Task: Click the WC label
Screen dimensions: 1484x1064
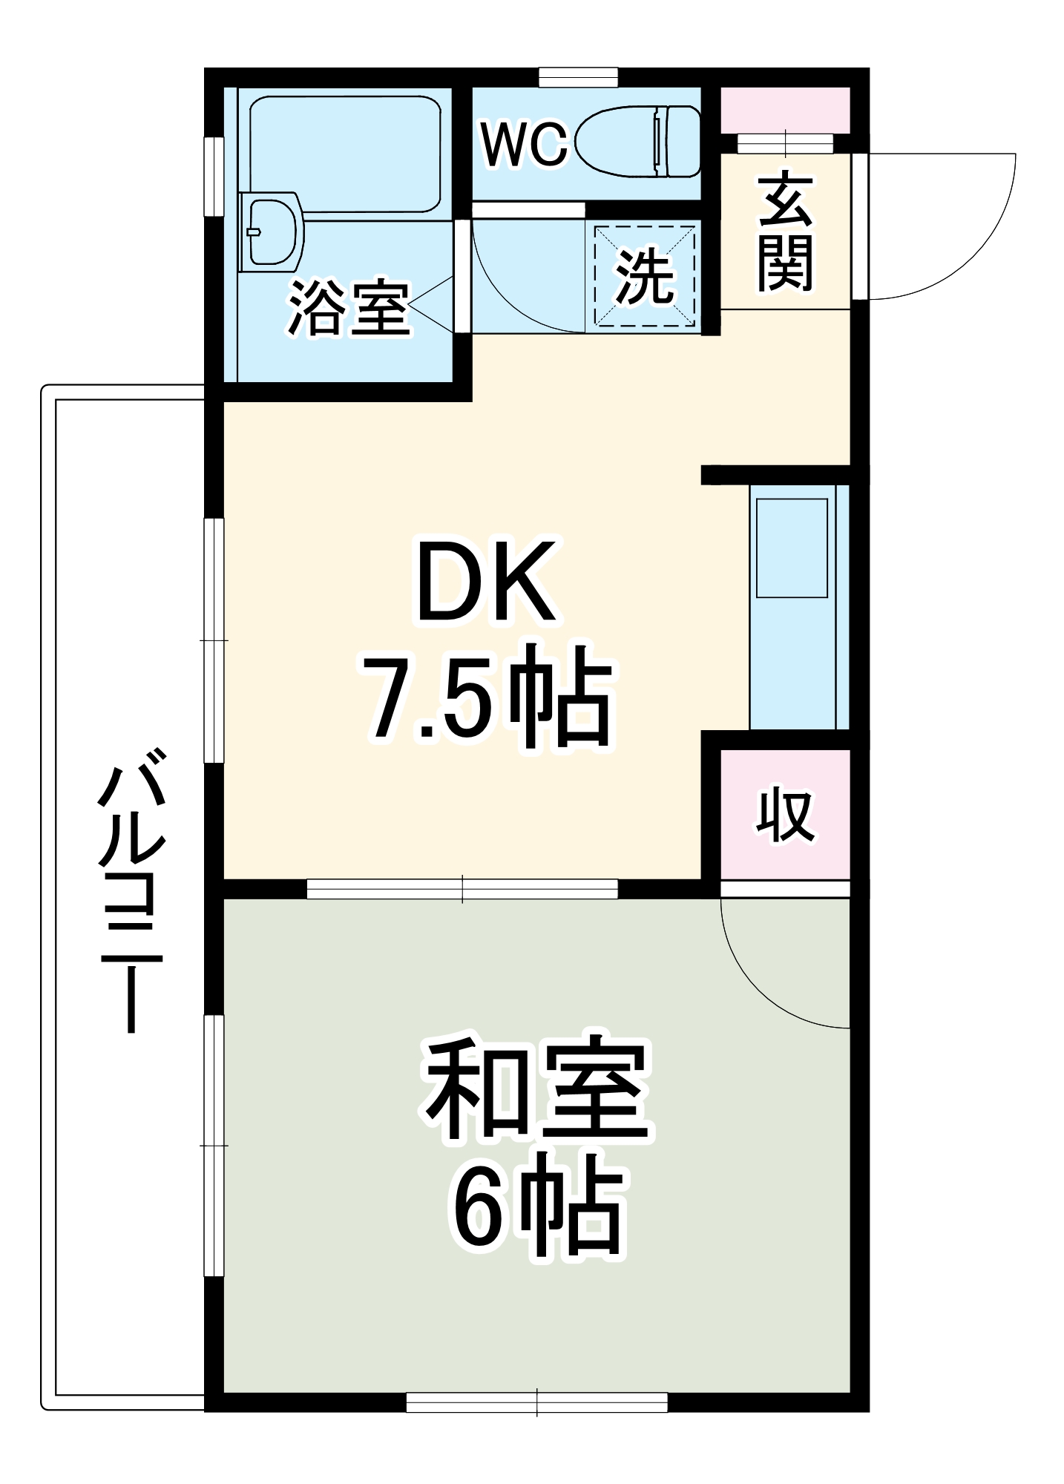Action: (524, 145)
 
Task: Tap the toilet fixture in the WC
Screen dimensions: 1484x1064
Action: (638, 141)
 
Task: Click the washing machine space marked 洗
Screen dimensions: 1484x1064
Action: (645, 276)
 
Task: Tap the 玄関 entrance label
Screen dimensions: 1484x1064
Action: (785, 232)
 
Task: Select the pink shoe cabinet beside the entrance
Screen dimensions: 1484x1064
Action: (786, 110)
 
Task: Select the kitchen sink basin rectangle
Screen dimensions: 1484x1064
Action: (792, 548)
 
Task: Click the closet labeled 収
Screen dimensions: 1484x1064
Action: (786, 814)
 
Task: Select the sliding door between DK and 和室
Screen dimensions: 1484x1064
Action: (462, 888)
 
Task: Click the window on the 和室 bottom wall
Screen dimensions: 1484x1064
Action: (537, 1402)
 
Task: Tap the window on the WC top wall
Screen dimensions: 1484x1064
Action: (578, 77)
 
